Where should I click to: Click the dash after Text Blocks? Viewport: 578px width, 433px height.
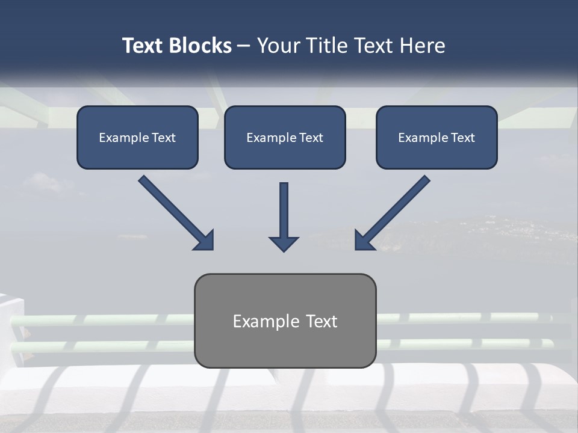(244, 46)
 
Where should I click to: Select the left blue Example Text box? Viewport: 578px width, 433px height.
(137, 137)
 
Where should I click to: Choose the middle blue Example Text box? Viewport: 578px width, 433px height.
(285, 137)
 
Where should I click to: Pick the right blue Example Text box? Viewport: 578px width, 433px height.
(437, 137)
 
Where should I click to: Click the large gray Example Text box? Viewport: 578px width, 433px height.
(285, 321)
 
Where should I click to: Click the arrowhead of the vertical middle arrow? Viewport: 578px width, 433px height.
(284, 244)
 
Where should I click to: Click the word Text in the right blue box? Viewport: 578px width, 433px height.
(462, 138)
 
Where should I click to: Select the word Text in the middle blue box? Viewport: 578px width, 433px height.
(311, 138)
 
